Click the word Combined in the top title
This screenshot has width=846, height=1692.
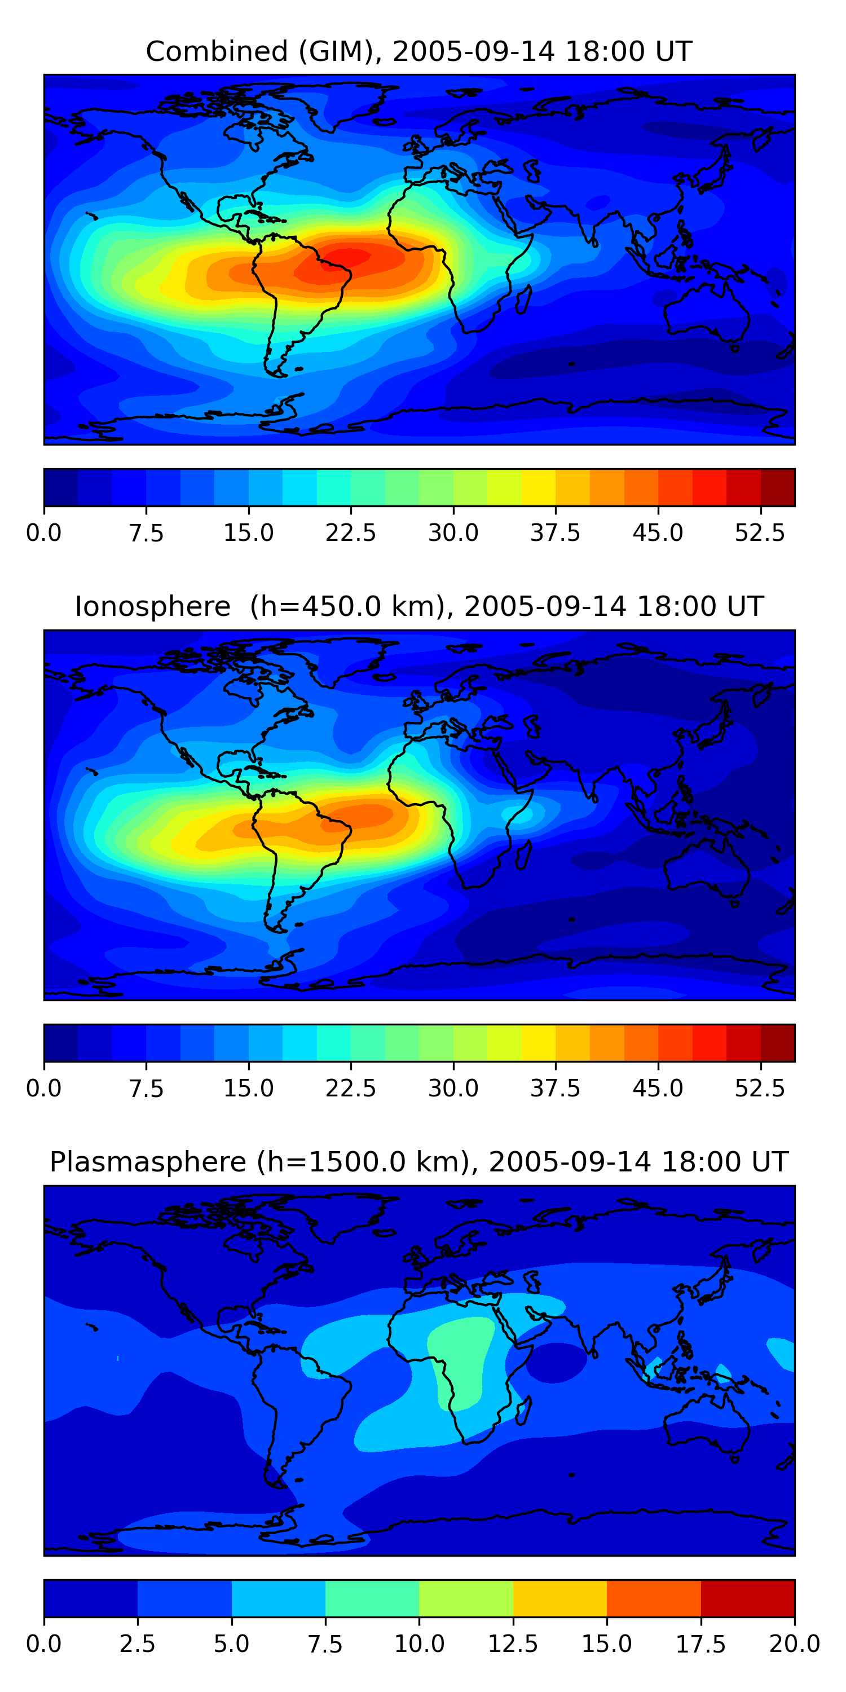(217, 51)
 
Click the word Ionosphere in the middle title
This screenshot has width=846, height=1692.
(152, 606)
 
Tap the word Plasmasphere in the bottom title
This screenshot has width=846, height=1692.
(148, 1162)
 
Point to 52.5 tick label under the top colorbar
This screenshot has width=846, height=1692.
(760, 532)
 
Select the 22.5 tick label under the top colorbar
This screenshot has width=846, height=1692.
(351, 532)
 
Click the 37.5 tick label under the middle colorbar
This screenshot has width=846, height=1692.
(556, 1089)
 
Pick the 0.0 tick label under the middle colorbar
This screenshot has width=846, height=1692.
(44, 1089)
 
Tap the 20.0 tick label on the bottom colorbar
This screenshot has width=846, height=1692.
(795, 1644)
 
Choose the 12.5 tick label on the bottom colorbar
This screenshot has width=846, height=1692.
(513, 1644)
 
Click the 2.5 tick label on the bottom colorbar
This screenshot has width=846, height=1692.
(137, 1644)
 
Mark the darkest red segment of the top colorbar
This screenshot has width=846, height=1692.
(778, 487)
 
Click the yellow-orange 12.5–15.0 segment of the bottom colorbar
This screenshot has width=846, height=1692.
(559, 1598)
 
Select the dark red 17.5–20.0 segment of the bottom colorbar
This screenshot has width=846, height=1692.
(747, 1598)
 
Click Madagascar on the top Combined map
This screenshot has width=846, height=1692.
(523, 299)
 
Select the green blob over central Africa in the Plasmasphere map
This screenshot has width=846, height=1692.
(460, 1362)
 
